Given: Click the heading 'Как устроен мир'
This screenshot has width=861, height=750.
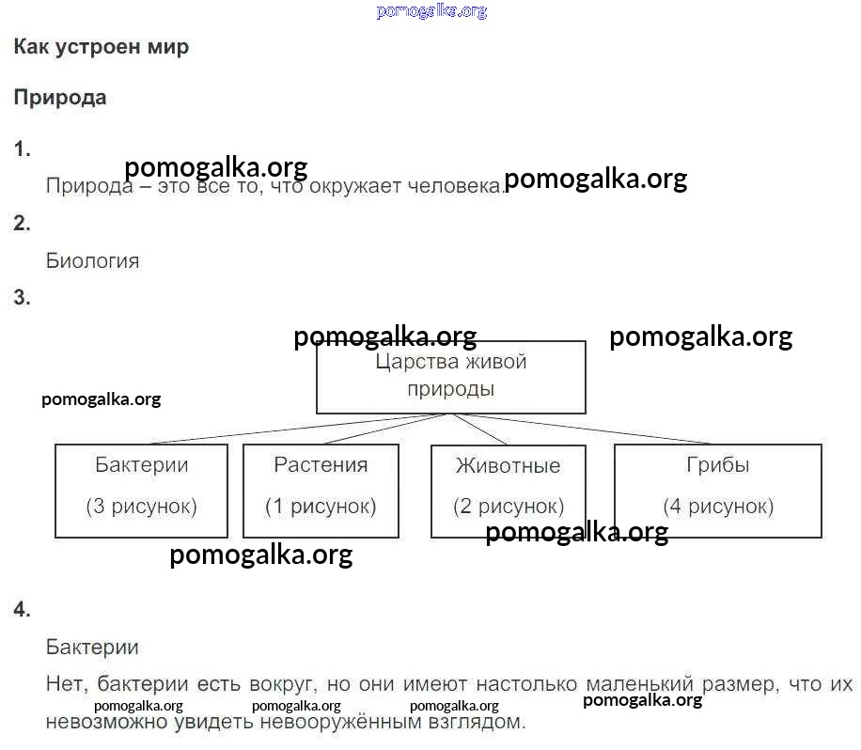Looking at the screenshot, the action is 101,47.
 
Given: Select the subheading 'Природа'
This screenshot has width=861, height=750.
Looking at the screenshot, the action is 60,99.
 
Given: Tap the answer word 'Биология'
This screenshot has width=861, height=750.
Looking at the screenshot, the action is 92,260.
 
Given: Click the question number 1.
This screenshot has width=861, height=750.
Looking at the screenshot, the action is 22,149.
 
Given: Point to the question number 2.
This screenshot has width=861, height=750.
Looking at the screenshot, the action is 22,224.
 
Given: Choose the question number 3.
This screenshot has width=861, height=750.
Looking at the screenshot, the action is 22,298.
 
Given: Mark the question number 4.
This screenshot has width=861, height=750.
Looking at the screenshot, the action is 22,609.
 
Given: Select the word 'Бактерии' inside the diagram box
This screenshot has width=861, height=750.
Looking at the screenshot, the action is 142,465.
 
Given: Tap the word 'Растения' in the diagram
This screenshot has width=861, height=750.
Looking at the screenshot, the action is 321,465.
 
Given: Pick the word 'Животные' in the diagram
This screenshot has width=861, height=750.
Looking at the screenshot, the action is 508,466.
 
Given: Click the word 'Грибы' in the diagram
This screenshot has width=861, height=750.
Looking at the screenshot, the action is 718,465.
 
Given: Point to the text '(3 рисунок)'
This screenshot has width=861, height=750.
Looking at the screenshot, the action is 142,507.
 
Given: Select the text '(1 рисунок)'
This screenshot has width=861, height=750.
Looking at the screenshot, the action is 321,507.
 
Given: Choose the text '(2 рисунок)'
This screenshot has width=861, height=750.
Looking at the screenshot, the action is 509,507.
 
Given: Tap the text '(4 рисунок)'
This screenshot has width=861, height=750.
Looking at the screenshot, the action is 718,507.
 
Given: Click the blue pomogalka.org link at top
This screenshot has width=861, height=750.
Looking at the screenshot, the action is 431,11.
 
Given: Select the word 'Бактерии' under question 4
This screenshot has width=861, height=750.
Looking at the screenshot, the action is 92,648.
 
